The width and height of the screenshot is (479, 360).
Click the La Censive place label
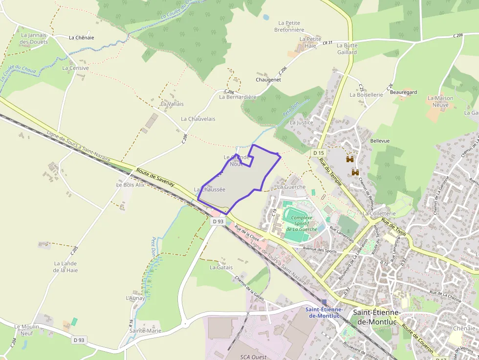point(75,68)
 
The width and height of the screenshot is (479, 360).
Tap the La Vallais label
point(172,104)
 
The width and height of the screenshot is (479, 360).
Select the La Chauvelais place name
point(198,119)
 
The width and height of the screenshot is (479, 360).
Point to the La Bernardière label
point(238,97)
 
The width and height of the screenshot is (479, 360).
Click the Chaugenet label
point(268,80)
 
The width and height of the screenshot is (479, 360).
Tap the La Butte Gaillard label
point(347,49)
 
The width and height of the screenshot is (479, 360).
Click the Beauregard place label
point(403,92)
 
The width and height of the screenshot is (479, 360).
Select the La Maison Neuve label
point(440,101)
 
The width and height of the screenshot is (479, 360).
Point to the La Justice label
point(301,123)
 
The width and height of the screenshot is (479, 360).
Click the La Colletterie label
point(379,213)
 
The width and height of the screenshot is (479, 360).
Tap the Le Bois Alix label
point(130,185)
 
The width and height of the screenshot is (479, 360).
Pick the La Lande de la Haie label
point(65,267)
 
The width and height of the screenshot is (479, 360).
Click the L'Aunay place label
point(135,298)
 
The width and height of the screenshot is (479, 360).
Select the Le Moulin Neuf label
point(26,330)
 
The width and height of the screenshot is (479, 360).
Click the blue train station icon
point(324,302)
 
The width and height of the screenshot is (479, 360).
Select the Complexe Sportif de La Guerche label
point(302,223)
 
